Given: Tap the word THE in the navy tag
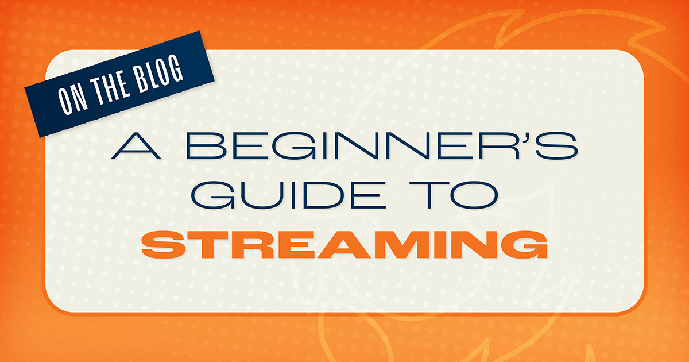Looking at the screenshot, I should pyautogui.click(x=107, y=90).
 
